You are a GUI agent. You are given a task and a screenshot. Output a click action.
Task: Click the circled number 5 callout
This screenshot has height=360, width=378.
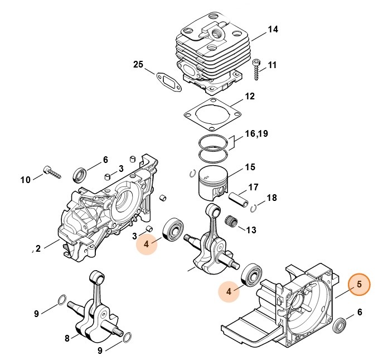[x=359, y=285]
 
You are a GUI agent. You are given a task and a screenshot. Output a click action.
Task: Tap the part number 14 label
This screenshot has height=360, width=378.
[x=273, y=29]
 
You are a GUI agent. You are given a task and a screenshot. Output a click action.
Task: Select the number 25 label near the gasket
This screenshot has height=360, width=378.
[x=138, y=65]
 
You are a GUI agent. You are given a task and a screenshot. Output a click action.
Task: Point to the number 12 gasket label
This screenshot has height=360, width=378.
[x=250, y=97]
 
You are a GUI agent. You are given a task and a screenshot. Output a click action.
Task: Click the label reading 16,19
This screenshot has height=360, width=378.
[x=257, y=134]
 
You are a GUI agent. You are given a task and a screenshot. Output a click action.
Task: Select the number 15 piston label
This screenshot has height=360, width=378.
[x=250, y=167]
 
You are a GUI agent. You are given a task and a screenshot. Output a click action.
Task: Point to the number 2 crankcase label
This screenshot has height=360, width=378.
[x=38, y=248]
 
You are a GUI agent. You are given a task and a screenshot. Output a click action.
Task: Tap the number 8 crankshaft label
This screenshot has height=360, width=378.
[x=67, y=338]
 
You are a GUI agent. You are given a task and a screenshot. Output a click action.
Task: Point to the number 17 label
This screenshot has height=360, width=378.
[x=253, y=187]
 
